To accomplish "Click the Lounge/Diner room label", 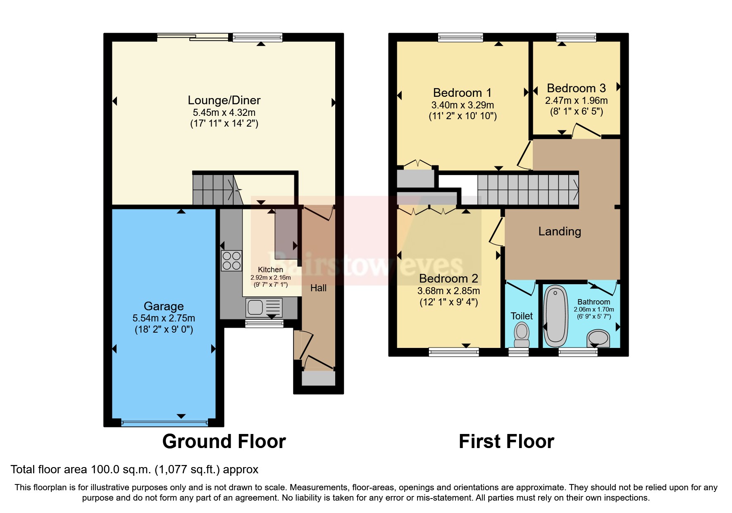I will [224, 100].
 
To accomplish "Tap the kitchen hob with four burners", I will [231, 261].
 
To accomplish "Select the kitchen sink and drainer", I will [264, 308].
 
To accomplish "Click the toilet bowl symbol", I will [522, 333].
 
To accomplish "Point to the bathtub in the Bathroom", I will [556, 316].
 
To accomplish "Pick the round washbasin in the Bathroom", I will [598, 338].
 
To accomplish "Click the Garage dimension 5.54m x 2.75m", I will [164, 318].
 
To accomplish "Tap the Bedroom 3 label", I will [576, 88].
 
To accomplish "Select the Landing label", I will [560, 231].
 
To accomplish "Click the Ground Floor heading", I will [224, 441].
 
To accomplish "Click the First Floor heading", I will [506, 441].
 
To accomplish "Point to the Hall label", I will [318, 288].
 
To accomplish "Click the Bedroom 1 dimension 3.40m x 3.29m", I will [463, 105].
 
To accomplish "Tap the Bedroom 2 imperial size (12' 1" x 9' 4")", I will [448, 302].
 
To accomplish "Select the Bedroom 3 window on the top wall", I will [576, 38].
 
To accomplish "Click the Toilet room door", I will [521, 288].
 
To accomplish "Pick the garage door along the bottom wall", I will [164, 423].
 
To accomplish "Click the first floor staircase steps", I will [528, 189].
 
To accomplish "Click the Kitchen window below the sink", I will [265, 324].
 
